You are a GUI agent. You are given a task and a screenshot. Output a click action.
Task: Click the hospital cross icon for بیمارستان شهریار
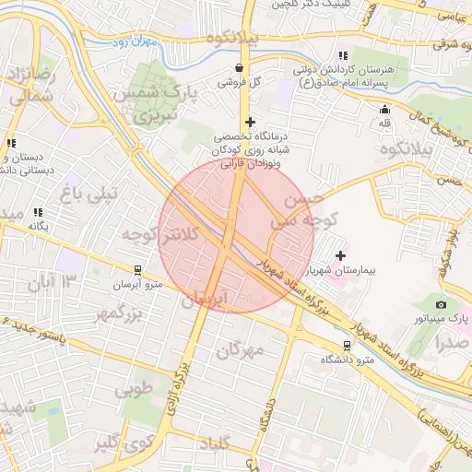[341, 255]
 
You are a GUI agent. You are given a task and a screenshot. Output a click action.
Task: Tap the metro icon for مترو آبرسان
[137, 270]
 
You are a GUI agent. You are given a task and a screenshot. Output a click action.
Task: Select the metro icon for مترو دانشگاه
[347, 346]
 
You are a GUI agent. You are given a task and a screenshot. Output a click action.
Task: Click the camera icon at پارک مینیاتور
[442, 304]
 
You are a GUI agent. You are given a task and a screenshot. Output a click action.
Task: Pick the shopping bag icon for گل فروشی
[240, 67]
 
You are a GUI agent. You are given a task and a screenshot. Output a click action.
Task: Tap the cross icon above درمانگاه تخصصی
[249, 121]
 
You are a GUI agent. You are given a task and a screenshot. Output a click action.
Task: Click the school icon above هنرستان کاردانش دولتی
[343, 56]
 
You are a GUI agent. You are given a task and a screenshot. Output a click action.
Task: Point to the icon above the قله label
[384, 110]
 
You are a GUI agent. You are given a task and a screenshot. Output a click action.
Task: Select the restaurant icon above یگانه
[38, 212]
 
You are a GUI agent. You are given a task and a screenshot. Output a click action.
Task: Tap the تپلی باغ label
[89, 194]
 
